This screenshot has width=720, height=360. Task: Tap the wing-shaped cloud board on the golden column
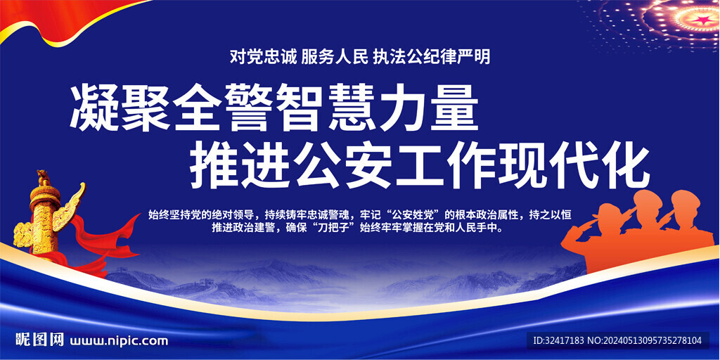pos(70,207)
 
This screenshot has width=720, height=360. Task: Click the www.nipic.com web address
pos(118,341)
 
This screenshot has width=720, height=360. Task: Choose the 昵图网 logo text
pos(39,340)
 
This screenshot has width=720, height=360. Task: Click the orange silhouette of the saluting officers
pos(638,230)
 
